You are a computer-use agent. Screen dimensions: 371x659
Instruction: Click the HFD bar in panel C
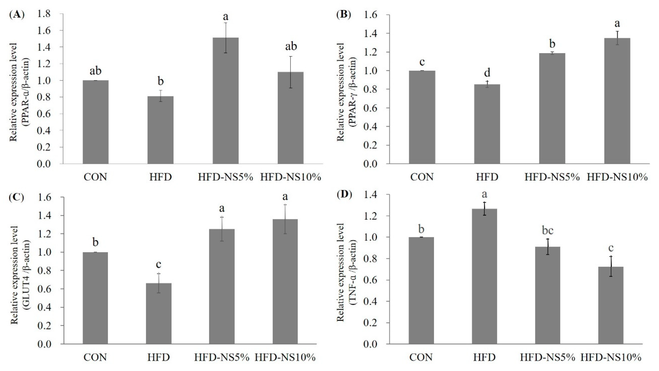click(159, 313)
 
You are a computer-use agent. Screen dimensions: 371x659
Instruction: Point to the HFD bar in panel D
click(484, 276)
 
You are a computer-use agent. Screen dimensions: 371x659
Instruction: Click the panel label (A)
click(17, 15)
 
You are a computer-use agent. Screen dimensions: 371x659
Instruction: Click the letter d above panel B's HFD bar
click(487, 73)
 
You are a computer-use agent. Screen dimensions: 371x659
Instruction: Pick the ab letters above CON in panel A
click(95, 71)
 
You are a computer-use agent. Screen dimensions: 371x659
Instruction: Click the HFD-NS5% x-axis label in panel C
click(221, 357)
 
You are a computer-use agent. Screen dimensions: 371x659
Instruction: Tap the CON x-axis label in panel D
click(421, 357)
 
